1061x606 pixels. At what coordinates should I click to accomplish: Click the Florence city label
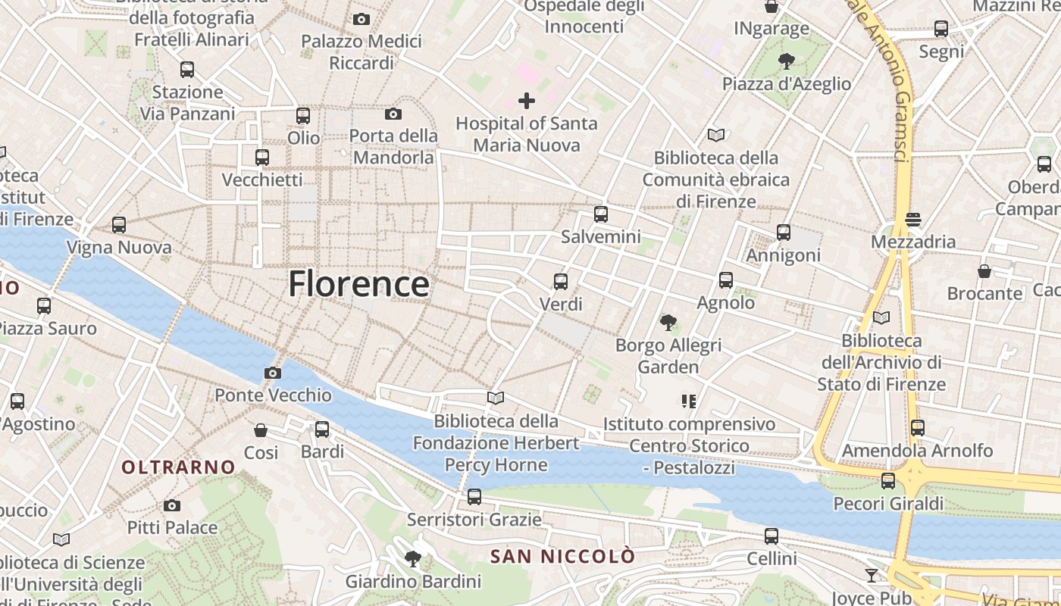point(358,284)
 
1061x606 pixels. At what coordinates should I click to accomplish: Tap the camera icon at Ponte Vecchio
point(273,373)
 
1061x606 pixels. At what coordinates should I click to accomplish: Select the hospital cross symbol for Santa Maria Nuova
point(527,100)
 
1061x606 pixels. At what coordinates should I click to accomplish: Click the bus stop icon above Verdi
point(561,282)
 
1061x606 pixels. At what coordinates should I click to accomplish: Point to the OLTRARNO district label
point(179,467)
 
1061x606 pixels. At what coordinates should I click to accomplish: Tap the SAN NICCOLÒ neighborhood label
point(562,557)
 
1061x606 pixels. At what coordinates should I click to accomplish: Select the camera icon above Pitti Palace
point(172,505)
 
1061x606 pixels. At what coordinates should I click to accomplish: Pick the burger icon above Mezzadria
point(912,220)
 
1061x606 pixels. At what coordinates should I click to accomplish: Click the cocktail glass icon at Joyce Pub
point(872,576)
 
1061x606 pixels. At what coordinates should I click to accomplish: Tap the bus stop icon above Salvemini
point(601,214)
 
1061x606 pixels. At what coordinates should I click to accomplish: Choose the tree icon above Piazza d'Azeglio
point(786,61)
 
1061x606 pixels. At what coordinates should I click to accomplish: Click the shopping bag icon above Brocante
point(984,271)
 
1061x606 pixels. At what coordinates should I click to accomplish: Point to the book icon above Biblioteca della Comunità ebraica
point(715,136)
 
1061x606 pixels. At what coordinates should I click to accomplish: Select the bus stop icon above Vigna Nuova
point(119,225)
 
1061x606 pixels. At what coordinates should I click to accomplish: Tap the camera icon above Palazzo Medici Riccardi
point(361,19)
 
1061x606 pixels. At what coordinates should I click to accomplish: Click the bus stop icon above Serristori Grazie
point(474,497)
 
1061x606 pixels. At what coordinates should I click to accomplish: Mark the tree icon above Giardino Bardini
point(413,559)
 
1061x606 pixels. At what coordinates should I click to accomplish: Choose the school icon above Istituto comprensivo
point(688,401)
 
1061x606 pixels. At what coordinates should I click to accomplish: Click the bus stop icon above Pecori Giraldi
point(888,481)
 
